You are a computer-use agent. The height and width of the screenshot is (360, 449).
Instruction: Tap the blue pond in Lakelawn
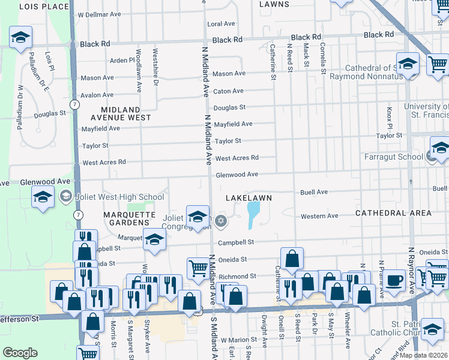tap(253, 214)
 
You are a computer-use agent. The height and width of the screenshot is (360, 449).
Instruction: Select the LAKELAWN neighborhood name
tap(249, 197)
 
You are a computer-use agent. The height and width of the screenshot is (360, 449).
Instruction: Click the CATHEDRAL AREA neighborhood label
tap(393, 213)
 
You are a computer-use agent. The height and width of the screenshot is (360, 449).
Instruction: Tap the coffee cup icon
tap(394, 281)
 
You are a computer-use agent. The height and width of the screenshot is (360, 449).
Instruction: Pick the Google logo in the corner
tap(20, 353)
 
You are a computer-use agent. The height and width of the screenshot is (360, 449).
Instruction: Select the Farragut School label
tap(393, 157)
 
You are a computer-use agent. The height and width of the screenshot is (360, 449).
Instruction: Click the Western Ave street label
tap(319, 216)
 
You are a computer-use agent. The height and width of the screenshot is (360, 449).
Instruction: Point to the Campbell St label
tap(237, 242)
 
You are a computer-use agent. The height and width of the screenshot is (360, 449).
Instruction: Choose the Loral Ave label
tap(221, 24)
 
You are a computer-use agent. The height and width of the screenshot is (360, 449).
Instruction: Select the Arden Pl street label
tap(122, 61)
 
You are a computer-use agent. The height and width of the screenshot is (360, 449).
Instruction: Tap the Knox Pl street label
tap(389, 113)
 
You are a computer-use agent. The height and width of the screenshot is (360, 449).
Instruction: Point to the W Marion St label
tap(238, 340)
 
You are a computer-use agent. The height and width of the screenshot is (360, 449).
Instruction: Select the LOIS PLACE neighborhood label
tap(44, 7)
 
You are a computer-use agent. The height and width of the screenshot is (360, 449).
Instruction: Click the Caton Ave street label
tap(229, 91)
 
